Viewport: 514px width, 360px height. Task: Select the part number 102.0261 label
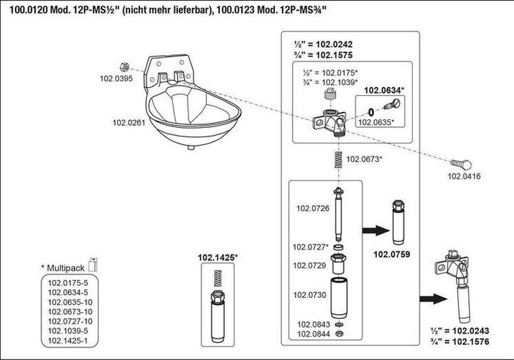[128, 123]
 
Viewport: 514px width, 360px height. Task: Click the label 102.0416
[463, 175]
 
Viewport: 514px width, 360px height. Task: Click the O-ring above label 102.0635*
[371, 111]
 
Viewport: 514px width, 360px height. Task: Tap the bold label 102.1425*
[218, 256]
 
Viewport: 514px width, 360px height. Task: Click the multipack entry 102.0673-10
[70, 311]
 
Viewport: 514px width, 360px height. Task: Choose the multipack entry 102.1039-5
[68, 330]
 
